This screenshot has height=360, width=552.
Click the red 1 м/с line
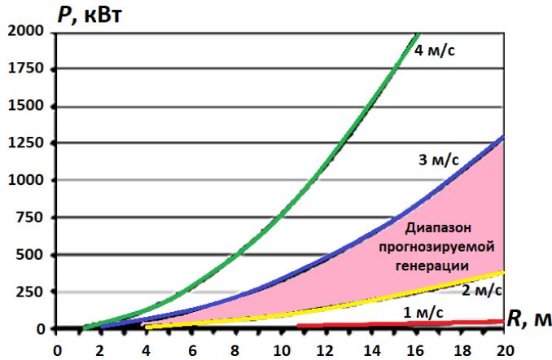(399, 324)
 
